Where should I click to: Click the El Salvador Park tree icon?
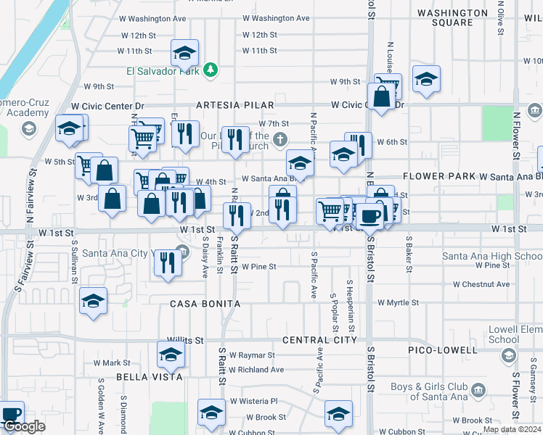tap(211, 70)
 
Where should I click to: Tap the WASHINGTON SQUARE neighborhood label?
tap(453, 17)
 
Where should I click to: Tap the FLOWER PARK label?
tap(438, 176)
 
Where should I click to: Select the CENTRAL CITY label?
tap(319, 340)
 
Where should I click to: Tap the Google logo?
tap(23, 426)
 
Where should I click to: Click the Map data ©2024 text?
tap(512, 430)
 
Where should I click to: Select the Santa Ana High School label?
tap(492, 256)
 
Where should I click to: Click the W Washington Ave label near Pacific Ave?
tap(276, 18)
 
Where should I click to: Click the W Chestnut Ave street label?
tap(482, 284)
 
